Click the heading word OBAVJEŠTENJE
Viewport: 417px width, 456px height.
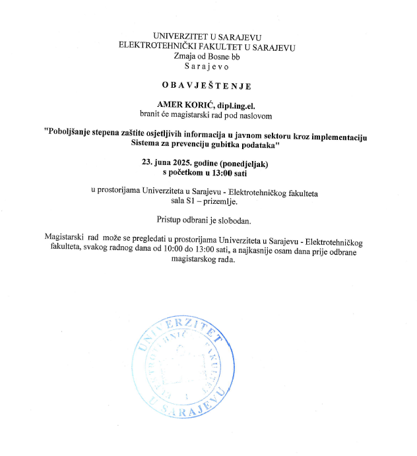[x=207, y=85]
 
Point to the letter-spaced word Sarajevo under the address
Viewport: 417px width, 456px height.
[x=206, y=66]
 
